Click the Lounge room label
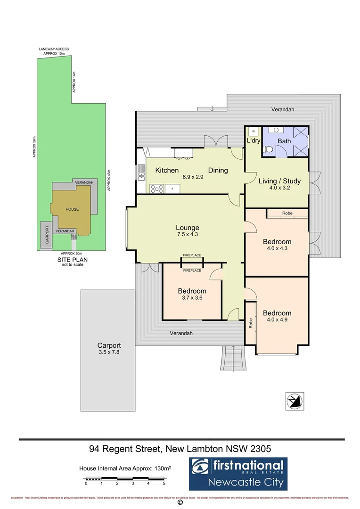coord(188,228)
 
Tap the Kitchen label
coord(167,170)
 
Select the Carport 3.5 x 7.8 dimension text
coord(109,352)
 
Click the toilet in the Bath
coord(268,149)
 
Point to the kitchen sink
coord(141,173)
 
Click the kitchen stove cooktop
coord(156,189)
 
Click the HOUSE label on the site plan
coord(72,209)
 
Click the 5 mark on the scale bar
coord(164,483)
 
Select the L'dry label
coord(254,140)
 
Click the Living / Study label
coord(277,181)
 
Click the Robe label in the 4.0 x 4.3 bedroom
coord(287,213)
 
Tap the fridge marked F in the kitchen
coord(172,189)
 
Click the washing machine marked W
coord(254,131)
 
